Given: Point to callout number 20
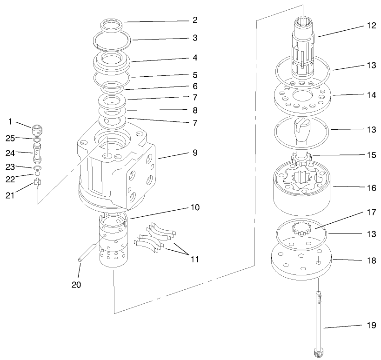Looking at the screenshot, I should [76, 285].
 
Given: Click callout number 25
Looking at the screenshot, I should [10, 139].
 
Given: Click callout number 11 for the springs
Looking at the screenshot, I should [194, 259].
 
